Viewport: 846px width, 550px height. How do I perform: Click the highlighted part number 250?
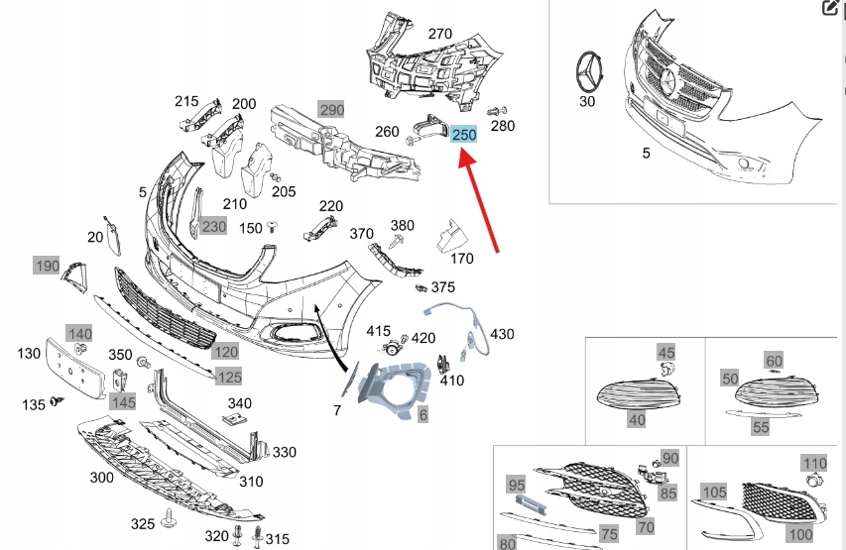[464, 134]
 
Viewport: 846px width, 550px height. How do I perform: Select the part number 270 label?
[439, 34]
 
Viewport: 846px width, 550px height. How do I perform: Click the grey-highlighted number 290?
[330, 109]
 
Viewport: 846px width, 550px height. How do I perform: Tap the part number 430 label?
[502, 334]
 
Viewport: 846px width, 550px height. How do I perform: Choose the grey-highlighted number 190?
[48, 266]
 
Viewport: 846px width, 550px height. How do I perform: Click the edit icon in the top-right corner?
[831, 9]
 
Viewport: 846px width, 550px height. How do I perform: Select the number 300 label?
[101, 478]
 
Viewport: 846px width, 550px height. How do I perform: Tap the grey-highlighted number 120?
[226, 352]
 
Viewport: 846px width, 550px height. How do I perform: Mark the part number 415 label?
[379, 330]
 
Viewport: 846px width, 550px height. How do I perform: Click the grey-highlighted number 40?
[637, 420]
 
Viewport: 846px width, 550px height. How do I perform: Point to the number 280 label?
[503, 126]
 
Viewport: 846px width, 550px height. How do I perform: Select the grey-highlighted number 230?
[214, 226]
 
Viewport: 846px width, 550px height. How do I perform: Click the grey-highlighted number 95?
[516, 485]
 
